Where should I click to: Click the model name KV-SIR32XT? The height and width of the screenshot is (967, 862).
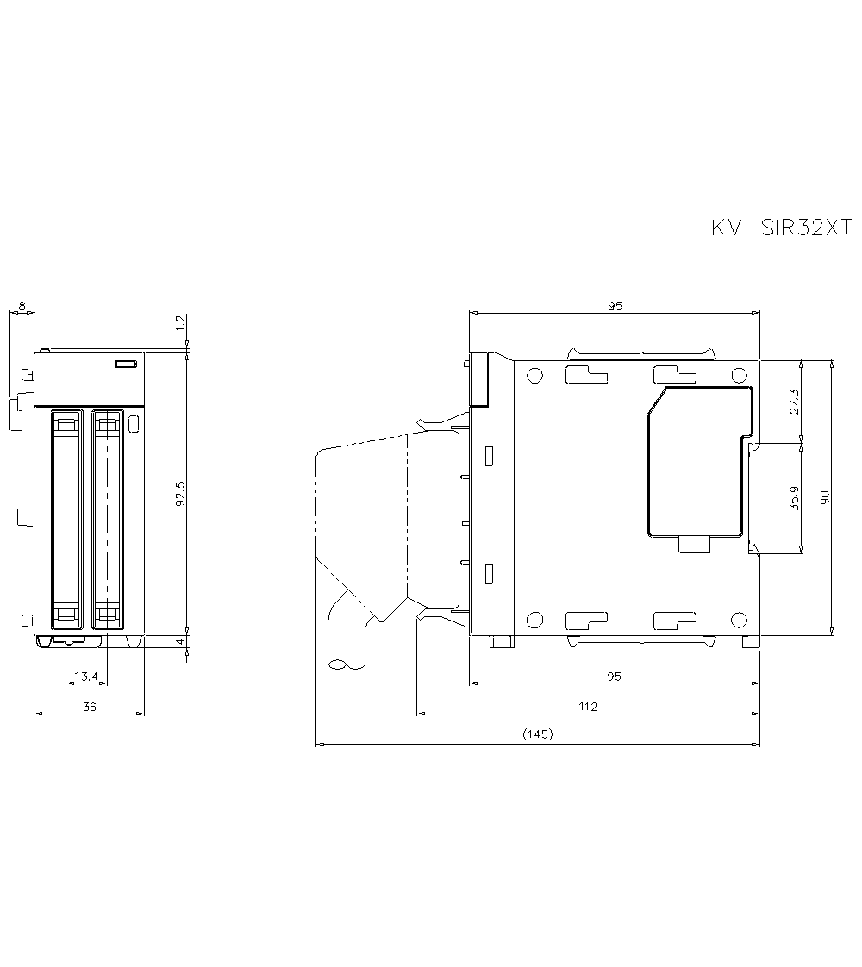tap(780, 228)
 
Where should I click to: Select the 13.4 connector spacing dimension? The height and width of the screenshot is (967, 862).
tap(85, 677)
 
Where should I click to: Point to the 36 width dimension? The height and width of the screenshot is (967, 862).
tap(89, 706)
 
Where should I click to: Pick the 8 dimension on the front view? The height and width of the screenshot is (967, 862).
tap(22, 306)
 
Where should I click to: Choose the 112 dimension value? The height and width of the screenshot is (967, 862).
tap(588, 706)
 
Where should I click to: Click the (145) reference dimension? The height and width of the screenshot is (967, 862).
tap(537, 734)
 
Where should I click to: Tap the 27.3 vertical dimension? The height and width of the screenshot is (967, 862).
tap(794, 402)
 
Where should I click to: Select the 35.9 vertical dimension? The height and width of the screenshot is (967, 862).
tap(794, 497)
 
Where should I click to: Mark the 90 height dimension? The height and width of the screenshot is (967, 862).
tap(825, 496)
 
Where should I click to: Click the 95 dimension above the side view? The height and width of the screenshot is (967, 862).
tap(614, 305)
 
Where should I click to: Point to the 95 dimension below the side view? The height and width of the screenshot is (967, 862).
tap(614, 677)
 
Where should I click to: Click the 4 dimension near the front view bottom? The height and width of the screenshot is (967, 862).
tap(180, 643)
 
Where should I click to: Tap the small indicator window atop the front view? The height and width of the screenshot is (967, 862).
tap(126, 365)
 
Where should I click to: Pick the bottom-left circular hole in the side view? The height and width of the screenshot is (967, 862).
tap(534, 619)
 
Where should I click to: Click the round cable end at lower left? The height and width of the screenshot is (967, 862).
tap(337, 664)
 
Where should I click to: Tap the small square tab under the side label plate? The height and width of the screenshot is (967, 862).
tap(695, 544)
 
